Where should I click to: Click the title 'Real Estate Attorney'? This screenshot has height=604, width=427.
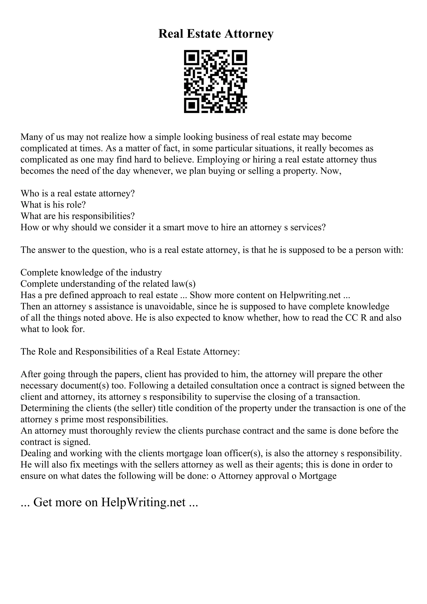tap(216, 34)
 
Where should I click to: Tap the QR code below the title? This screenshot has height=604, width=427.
tap(215, 81)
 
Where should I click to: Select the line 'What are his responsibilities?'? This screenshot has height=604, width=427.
tap(78, 216)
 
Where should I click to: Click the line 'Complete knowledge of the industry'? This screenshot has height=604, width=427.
tap(91, 273)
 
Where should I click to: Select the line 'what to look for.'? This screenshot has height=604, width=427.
tap(53, 329)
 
